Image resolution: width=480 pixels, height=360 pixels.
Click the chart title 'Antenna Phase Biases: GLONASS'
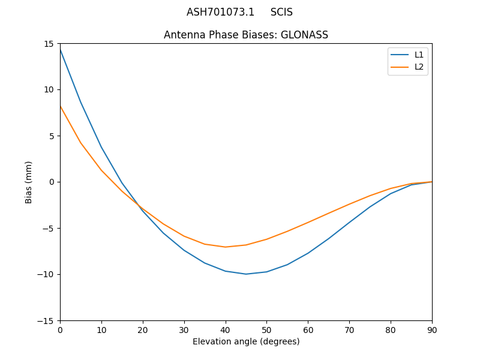pyautogui.click(x=246, y=35)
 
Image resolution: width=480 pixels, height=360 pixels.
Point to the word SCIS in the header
pyautogui.click(x=281, y=12)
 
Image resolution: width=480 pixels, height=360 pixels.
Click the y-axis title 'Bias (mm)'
pyautogui.click(x=29, y=182)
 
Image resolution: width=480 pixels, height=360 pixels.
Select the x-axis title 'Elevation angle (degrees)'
pyautogui.click(x=246, y=341)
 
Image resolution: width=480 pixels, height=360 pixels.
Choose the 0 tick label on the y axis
pyautogui.click(x=53, y=182)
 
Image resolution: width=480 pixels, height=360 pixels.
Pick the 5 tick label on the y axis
pyautogui.click(x=53, y=136)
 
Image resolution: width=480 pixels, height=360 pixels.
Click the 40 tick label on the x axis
pyautogui.click(x=226, y=329)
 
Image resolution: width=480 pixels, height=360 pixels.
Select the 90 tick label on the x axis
pyautogui.click(x=432, y=329)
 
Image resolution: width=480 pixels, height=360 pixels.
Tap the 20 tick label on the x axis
pyautogui.click(x=143, y=329)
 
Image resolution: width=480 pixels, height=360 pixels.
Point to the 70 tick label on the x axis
pyautogui.click(x=349, y=329)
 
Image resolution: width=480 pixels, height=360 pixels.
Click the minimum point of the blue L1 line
pyautogui.click(x=246, y=274)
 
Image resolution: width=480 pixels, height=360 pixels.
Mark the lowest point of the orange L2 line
pyautogui.click(x=226, y=247)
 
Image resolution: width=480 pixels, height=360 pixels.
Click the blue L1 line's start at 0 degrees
pyautogui.click(x=60, y=49)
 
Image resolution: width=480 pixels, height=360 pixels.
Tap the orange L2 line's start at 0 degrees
pyautogui.click(x=60, y=106)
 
